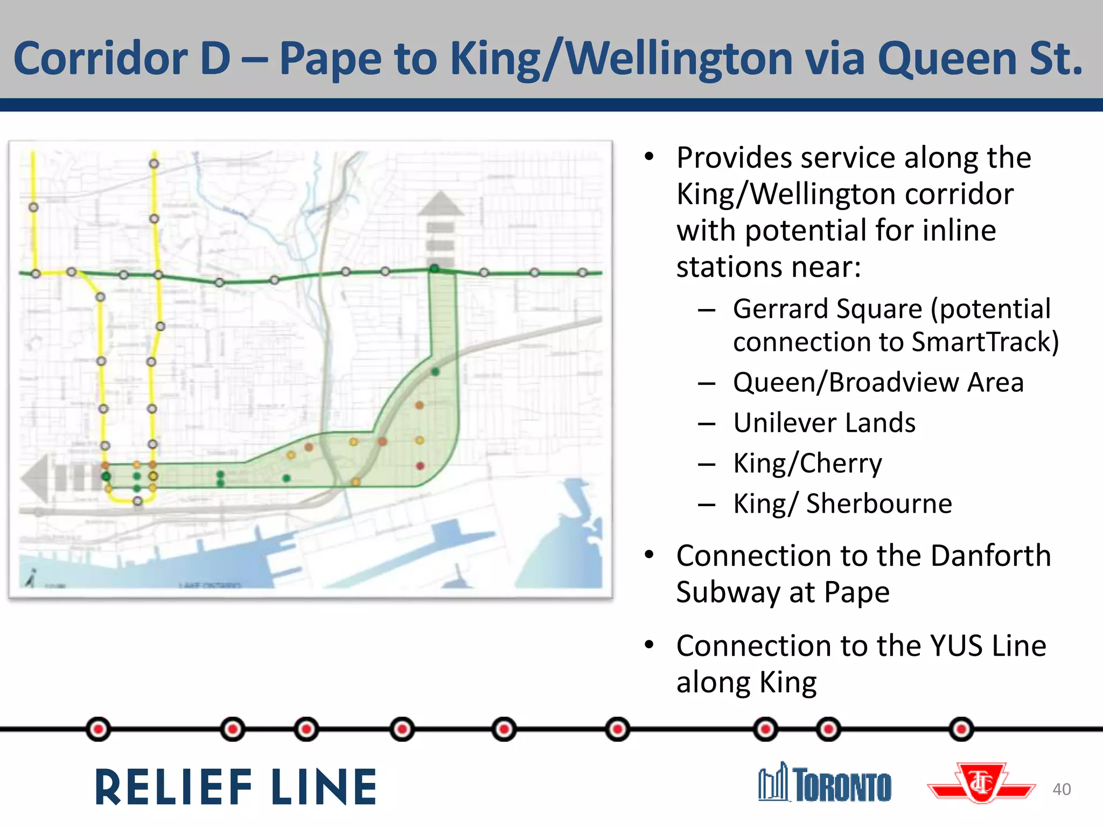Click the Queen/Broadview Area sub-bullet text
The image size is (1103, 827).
[x=878, y=382]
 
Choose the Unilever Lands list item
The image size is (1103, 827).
[x=824, y=423]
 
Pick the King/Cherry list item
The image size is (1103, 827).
[x=807, y=463]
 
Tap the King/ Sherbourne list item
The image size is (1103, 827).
[x=842, y=504]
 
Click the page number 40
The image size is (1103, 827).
[x=1062, y=789]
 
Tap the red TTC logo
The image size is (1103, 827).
[x=981, y=783]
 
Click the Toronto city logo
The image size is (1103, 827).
[x=825, y=783]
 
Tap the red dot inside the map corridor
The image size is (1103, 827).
[x=420, y=466]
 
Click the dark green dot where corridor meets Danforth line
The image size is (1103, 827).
[x=434, y=268]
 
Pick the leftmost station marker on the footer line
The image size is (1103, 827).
[x=99, y=729]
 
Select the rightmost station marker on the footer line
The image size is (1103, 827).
[x=961, y=730]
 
